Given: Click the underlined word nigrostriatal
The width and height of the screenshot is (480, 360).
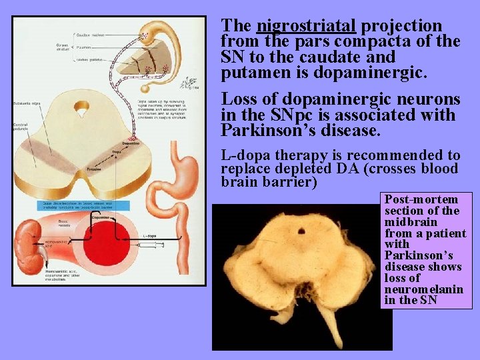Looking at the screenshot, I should click(x=307, y=26).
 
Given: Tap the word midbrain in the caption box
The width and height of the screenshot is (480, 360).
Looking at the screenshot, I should click(x=411, y=222).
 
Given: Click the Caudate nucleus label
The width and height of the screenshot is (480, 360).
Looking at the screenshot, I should click(x=89, y=35).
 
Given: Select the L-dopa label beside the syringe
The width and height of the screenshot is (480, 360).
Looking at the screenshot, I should click(x=149, y=236).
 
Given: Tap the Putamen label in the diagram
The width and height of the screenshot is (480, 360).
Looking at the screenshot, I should click(x=83, y=47).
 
